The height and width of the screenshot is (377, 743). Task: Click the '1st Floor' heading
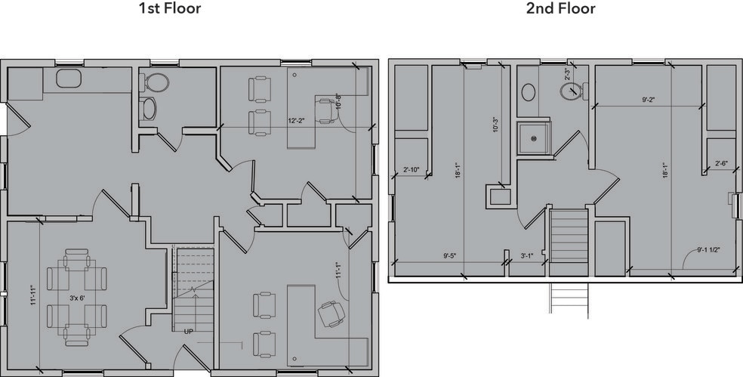tap(170, 10)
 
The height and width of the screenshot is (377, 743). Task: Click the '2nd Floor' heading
tap(560, 10)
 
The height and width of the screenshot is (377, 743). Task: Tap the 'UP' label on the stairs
tap(188, 331)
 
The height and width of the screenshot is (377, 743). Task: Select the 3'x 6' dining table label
tap(78, 298)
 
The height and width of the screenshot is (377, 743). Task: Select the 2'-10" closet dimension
tap(412, 169)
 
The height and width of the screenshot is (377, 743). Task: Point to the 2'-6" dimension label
tap(722, 163)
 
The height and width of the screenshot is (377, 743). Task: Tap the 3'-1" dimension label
tap(526, 255)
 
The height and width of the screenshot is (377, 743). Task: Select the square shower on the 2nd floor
tap(535, 138)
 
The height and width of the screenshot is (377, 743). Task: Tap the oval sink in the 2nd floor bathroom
tap(529, 92)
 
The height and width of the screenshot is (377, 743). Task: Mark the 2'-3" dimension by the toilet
tap(568, 74)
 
